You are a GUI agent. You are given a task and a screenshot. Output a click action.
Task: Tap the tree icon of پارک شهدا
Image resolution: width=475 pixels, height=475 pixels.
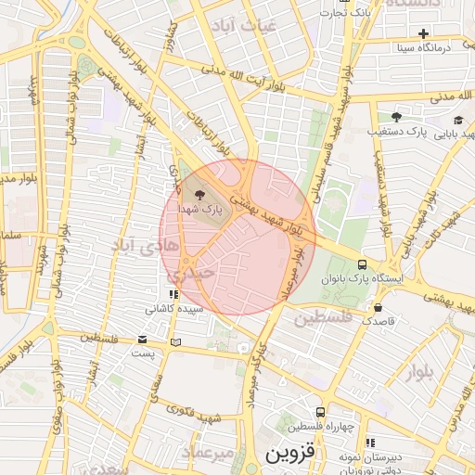coord(200,195)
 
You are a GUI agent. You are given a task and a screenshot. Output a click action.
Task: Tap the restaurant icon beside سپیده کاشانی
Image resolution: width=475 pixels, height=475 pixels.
coord(173,294)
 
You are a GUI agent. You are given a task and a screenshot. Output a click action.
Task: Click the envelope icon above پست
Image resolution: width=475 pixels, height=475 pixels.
coord(142,340)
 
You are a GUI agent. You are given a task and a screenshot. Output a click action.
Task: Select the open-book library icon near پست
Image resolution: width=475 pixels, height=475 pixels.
coord(176,342)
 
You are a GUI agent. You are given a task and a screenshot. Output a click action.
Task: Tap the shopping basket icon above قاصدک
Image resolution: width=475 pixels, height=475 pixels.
coord(378,306)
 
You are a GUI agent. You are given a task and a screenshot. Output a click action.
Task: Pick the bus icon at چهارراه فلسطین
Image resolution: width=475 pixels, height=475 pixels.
coord(320,412)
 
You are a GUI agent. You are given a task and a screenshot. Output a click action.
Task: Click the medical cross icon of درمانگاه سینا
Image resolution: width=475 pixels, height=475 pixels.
coord(423,33)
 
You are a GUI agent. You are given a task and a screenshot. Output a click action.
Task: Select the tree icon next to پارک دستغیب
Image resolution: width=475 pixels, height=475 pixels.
coord(396,117)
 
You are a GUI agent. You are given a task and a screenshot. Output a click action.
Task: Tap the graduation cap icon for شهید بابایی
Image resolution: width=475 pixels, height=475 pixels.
coord(458,120)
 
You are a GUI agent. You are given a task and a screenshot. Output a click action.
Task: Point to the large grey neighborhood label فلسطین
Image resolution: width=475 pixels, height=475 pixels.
coord(324,319)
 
